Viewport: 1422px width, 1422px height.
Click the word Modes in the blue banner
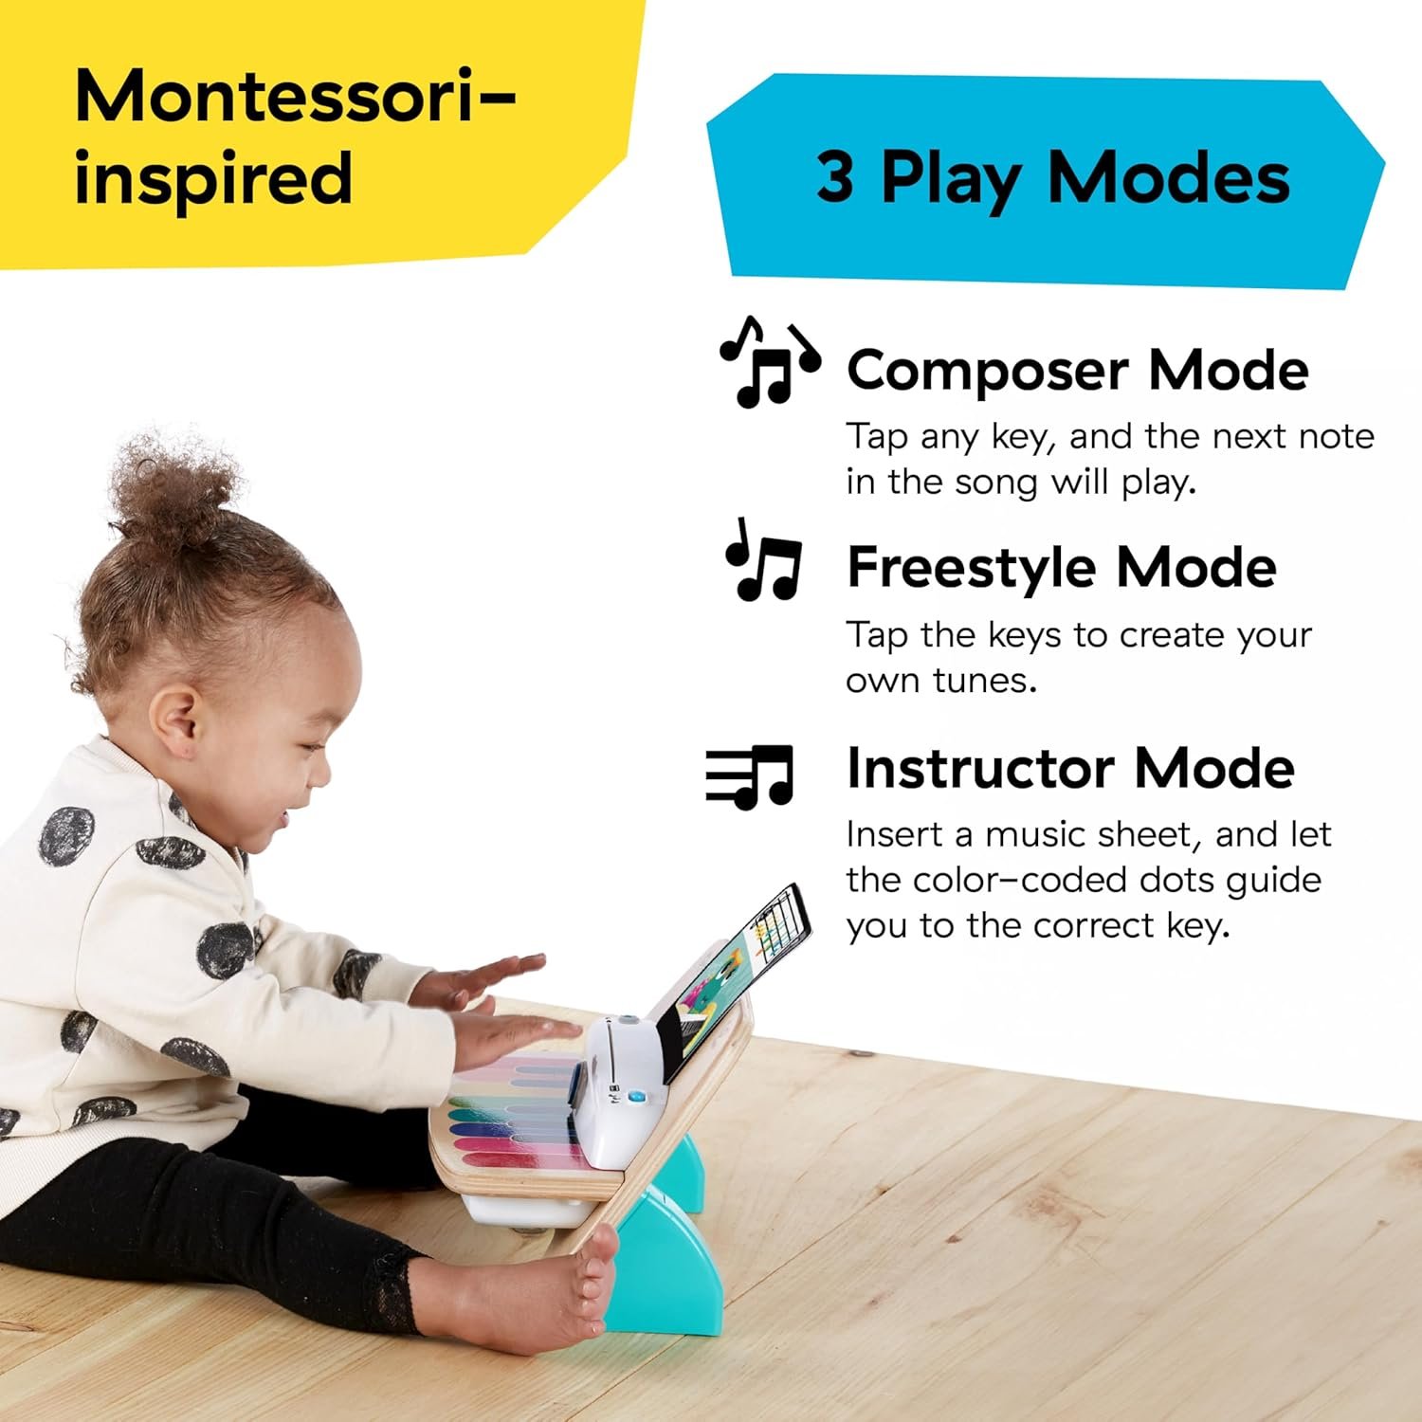pyautogui.click(x=1168, y=178)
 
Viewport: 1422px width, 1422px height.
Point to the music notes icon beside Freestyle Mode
pyautogui.click(x=764, y=561)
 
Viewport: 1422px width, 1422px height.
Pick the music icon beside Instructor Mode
pyautogui.click(x=749, y=775)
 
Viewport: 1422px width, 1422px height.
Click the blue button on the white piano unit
pyautogui.click(x=636, y=1097)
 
